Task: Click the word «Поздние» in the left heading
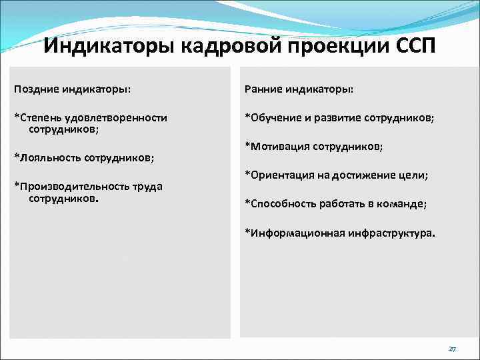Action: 37,89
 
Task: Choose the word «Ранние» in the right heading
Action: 264,89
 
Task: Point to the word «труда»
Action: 147,187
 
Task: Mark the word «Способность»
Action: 283,203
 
